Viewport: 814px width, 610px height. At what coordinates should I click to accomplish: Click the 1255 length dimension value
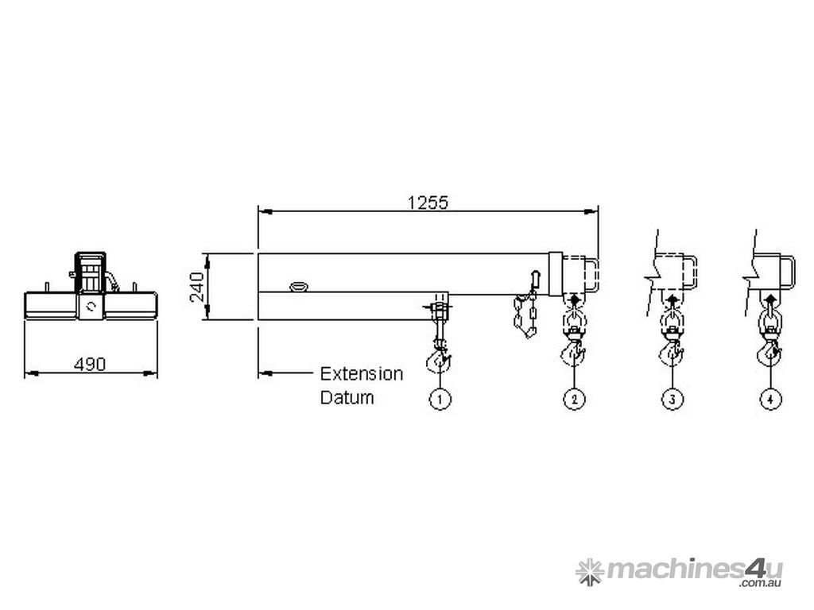[428, 203]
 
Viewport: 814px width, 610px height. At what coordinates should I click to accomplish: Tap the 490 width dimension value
[90, 365]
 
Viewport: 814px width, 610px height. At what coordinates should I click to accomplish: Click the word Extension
[361, 374]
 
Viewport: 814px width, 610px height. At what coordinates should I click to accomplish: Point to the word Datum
[347, 397]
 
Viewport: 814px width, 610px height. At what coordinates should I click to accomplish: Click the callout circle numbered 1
[440, 399]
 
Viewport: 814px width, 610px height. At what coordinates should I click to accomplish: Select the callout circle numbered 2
[574, 399]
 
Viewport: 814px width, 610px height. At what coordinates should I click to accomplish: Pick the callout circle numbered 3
[672, 399]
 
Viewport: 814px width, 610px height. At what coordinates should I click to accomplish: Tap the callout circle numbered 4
[769, 399]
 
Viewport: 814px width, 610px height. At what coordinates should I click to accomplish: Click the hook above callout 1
[438, 361]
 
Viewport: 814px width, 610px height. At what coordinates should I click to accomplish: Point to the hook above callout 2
[574, 351]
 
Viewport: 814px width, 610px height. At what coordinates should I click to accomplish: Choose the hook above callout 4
[769, 351]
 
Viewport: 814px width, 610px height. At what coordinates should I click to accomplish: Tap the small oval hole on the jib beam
[300, 285]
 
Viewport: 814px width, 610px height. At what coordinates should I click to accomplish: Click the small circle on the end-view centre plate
[92, 307]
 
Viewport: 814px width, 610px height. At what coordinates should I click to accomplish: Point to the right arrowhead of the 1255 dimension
[592, 211]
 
